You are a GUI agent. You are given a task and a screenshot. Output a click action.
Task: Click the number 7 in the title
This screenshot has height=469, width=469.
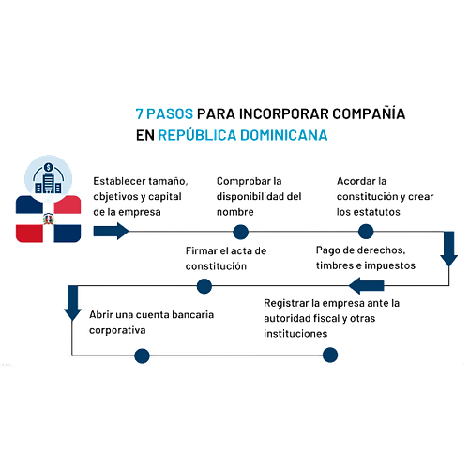coord(139,114)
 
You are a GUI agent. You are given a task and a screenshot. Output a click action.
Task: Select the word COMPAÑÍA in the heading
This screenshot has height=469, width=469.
coord(369,113)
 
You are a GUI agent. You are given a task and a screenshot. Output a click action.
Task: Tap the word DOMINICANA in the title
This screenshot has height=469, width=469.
coord(284,135)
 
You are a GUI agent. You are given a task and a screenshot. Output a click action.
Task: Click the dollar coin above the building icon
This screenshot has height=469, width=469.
coord(48,167)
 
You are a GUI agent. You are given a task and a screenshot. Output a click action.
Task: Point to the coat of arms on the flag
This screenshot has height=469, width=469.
coord(48,219)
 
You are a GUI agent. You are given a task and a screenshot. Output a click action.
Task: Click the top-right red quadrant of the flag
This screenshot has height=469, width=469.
coord(68,204)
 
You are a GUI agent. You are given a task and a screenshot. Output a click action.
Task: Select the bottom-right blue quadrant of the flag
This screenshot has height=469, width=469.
coord(68,234)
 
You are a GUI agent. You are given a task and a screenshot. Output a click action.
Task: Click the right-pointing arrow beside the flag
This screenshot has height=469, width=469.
coord(111,232)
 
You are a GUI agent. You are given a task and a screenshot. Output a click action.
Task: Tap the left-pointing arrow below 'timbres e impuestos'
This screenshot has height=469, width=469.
coord(367,285)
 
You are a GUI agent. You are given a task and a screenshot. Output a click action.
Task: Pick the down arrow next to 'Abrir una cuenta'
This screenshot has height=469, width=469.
coord(72,303)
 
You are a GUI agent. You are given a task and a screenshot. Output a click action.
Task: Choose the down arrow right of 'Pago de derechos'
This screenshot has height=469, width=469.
coord(449,249)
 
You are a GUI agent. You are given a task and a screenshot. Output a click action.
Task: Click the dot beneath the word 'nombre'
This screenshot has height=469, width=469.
coord(241,232)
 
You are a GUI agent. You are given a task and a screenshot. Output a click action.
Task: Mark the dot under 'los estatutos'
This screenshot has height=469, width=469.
coord(366,232)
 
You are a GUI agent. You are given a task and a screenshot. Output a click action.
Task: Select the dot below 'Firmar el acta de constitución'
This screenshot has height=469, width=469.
coord(204,286)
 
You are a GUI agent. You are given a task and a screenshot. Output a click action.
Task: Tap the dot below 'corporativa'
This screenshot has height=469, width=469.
coord(142,356)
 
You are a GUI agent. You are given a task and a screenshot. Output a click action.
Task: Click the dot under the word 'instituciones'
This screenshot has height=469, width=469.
coord(330,355)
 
